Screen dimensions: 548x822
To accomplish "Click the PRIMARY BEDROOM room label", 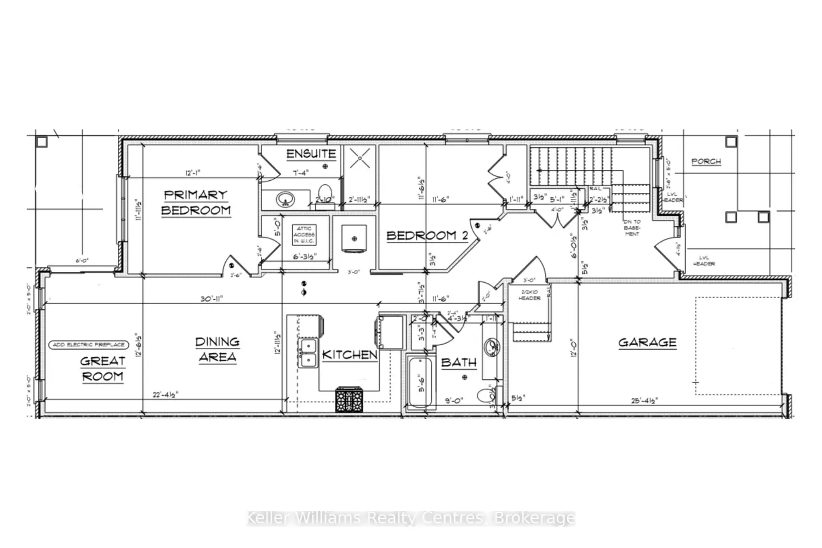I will tap(195, 202).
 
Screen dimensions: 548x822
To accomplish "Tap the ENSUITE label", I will tap(311, 154).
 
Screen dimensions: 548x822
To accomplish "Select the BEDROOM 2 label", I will tap(427, 236).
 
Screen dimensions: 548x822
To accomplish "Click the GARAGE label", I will tap(647, 342).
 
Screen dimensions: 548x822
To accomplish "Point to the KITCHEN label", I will tap(350, 355).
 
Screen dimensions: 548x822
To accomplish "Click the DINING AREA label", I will tap(217, 349).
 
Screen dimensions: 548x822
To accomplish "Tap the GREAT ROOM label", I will tap(102, 368).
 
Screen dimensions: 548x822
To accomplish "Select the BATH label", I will tap(459, 362).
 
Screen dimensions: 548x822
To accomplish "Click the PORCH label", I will tap(706, 162).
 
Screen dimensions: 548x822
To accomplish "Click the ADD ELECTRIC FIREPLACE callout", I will tap(89, 345).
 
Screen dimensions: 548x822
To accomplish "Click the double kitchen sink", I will tap(309, 353).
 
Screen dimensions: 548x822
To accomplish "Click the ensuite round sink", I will tap(286, 199).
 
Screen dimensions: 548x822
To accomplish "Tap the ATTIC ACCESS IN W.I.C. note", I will tap(304, 235).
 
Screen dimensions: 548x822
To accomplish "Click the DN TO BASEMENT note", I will tap(631, 228).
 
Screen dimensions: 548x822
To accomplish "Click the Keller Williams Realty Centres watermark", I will tap(411, 518).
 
